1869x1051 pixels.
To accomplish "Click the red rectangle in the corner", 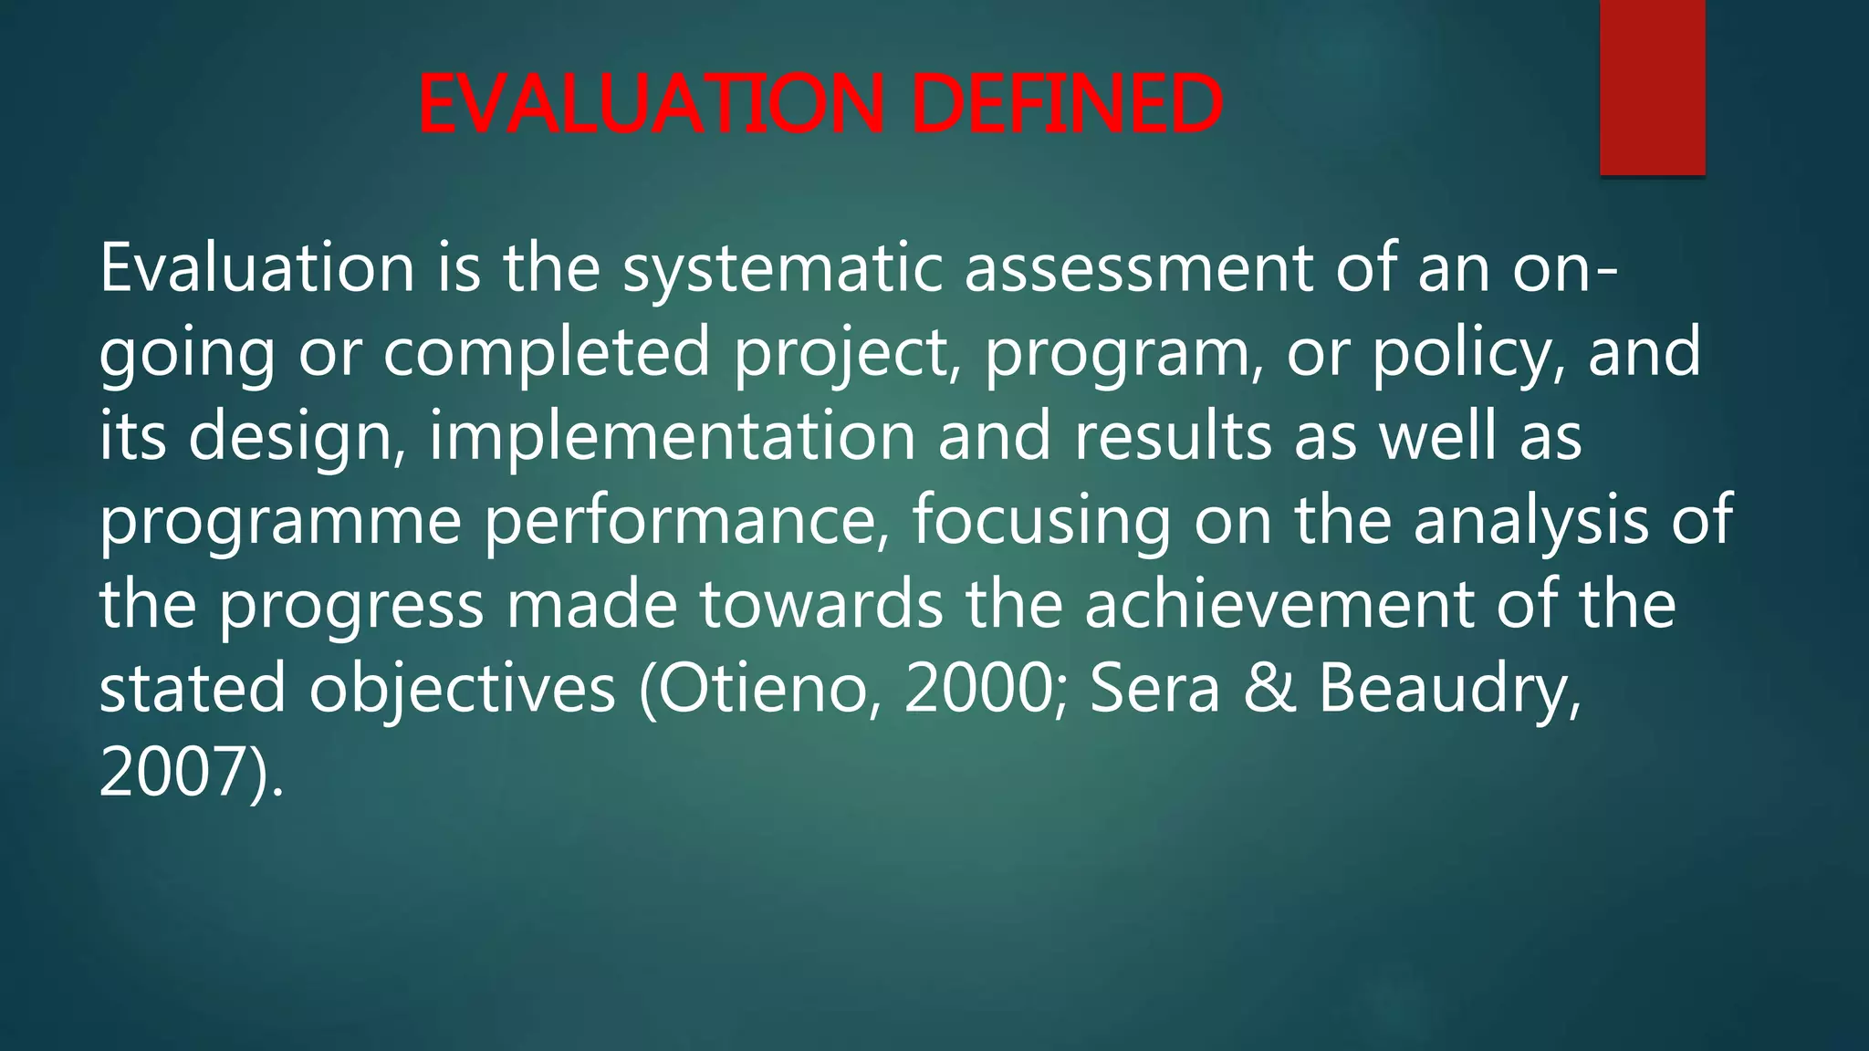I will (1652, 87).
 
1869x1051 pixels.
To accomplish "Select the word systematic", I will (782, 270).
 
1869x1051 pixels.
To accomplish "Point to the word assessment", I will (1138, 270).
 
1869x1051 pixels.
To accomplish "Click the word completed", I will (546, 353).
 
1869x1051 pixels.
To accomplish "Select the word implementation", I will (672, 437).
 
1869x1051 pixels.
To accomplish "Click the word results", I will (1173, 437).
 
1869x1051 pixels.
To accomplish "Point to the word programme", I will (280, 522).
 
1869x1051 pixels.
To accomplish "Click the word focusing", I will (1041, 522).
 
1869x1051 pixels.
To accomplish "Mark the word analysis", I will (1530, 522).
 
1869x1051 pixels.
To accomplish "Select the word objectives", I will (462, 690).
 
